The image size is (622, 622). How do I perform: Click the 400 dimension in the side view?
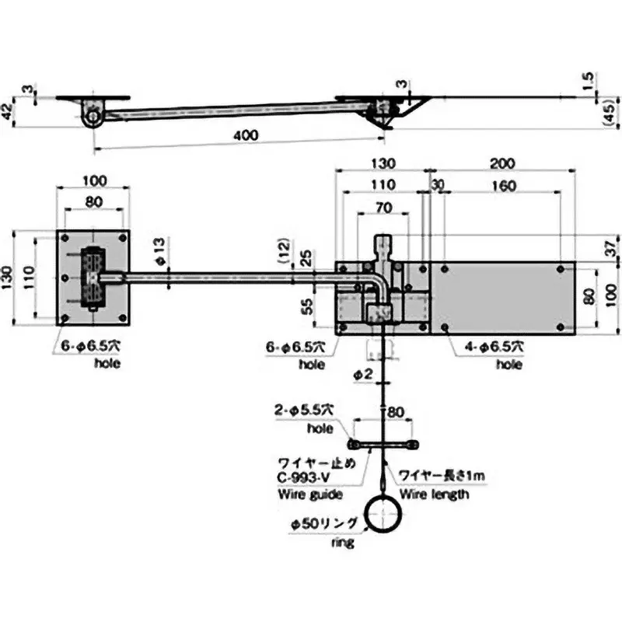pos(244,135)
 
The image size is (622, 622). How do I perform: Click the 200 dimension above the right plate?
pos(503,163)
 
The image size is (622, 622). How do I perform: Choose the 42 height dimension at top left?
pos(7,110)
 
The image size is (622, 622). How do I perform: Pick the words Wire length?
pos(434,494)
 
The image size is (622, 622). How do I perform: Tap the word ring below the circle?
pos(342,543)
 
